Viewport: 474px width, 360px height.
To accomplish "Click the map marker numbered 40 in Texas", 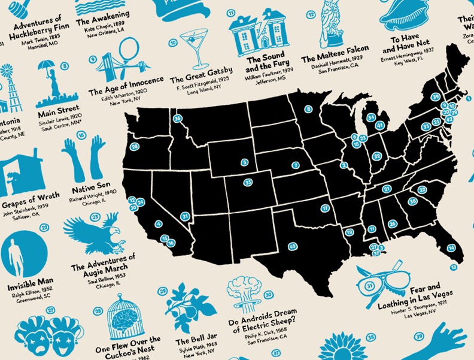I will pos(292,246).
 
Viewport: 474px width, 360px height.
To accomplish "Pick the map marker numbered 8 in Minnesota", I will pos(309,109).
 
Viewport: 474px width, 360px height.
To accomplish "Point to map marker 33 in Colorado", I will pos(248,182).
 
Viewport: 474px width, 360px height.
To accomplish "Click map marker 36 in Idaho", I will pos(178,118).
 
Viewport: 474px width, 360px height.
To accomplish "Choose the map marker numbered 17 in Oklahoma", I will pos(325,208).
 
